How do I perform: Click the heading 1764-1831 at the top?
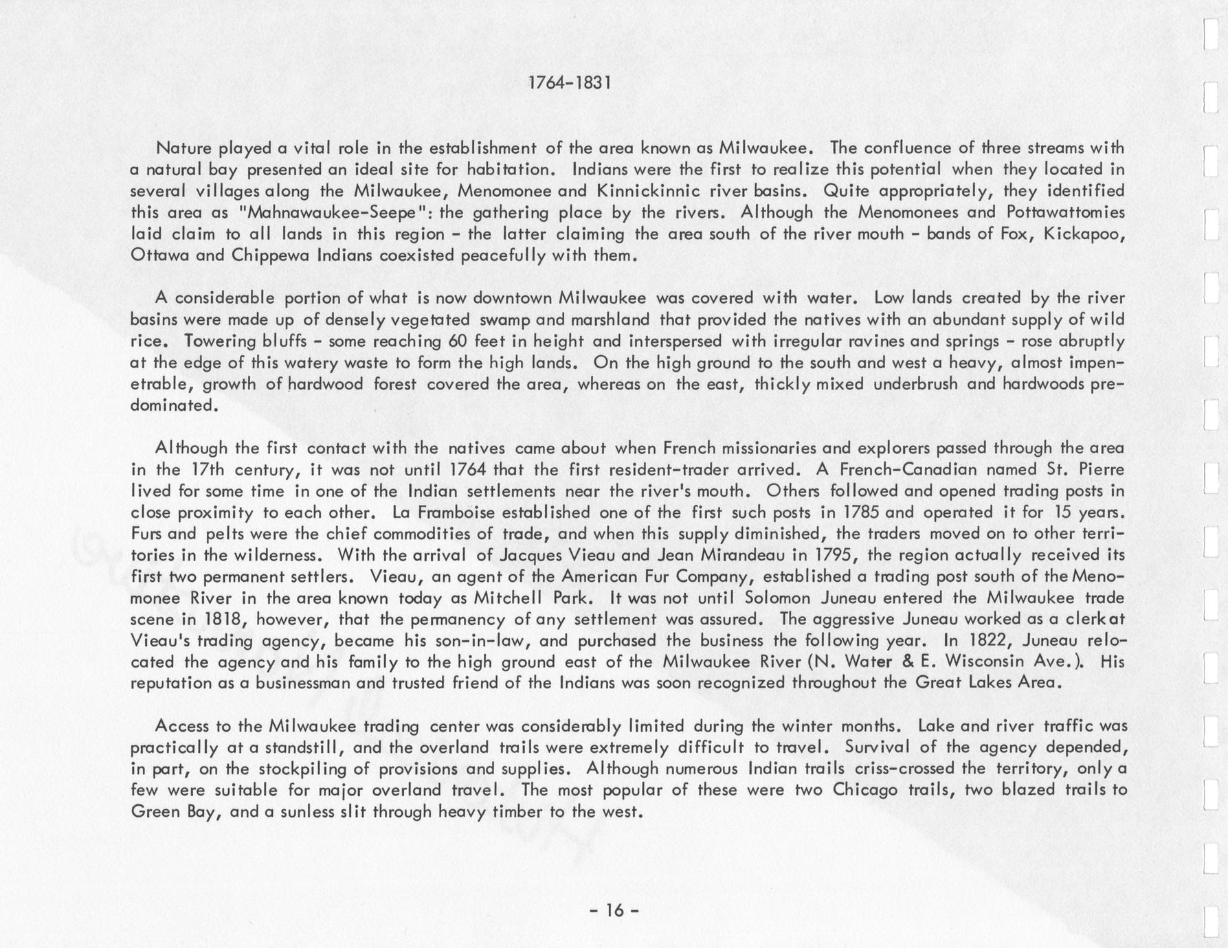[568, 83]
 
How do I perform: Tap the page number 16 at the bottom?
[614, 910]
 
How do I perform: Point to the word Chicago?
[864, 790]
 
